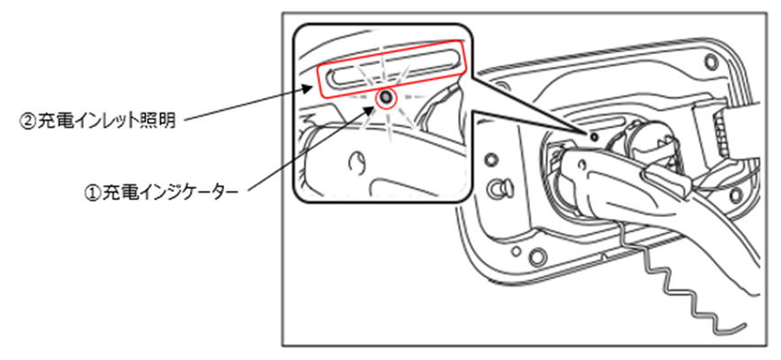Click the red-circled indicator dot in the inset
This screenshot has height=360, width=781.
click(x=385, y=98)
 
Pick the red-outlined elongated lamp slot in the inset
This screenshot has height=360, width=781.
click(x=391, y=68)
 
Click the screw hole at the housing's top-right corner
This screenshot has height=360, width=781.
click(x=712, y=62)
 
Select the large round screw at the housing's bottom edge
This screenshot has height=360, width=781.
click(x=537, y=256)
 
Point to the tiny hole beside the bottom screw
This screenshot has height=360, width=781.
click(x=517, y=251)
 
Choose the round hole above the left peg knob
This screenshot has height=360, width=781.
click(x=491, y=159)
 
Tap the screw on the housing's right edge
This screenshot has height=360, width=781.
click(x=736, y=194)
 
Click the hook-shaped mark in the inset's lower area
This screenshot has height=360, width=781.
click(x=357, y=161)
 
